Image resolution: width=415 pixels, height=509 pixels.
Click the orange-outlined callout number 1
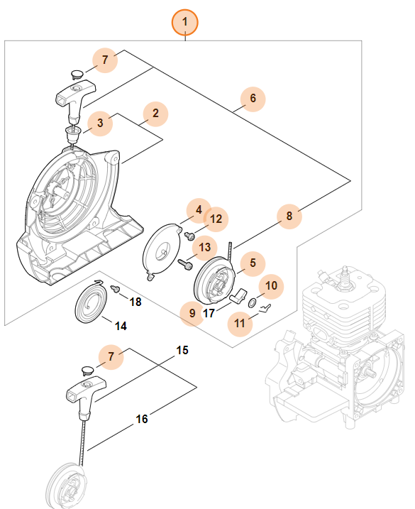[x=184, y=22]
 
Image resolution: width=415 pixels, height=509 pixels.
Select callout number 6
[x=253, y=99]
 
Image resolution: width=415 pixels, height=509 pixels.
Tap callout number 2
[x=156, y=114]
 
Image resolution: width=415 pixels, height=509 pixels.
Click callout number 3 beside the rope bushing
[x=100, y=123]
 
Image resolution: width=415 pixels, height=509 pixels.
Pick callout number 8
[x=289, y=217]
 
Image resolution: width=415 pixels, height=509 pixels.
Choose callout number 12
[x=216, y=219]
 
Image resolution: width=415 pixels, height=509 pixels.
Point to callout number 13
[x=205, y=248]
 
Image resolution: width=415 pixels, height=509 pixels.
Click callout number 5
[x=253, y=263]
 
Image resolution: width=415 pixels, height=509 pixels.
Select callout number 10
[x=271, y=286]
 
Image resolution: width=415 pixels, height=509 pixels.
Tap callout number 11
[x=240, y=323]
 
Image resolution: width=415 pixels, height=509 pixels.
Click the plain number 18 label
[x=135, y=302]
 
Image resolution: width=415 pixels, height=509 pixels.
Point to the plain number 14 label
[x=121, y=326]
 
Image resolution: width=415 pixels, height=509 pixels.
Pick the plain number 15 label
[x=182, y=350]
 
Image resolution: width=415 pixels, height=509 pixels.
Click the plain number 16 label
[x=142, y=419]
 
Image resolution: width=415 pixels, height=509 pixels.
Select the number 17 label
[x=209, y=313]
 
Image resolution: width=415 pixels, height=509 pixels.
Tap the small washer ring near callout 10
[x=252, y=304]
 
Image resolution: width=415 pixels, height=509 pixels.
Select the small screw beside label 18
[x=115, y=289]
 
